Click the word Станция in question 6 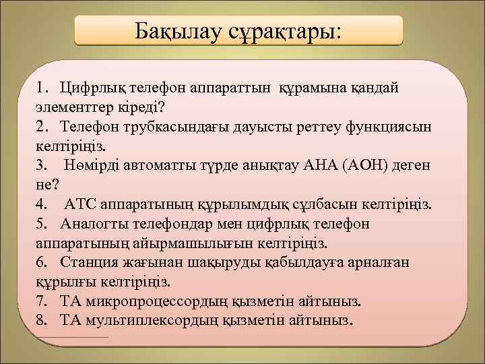tap(88, 262)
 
